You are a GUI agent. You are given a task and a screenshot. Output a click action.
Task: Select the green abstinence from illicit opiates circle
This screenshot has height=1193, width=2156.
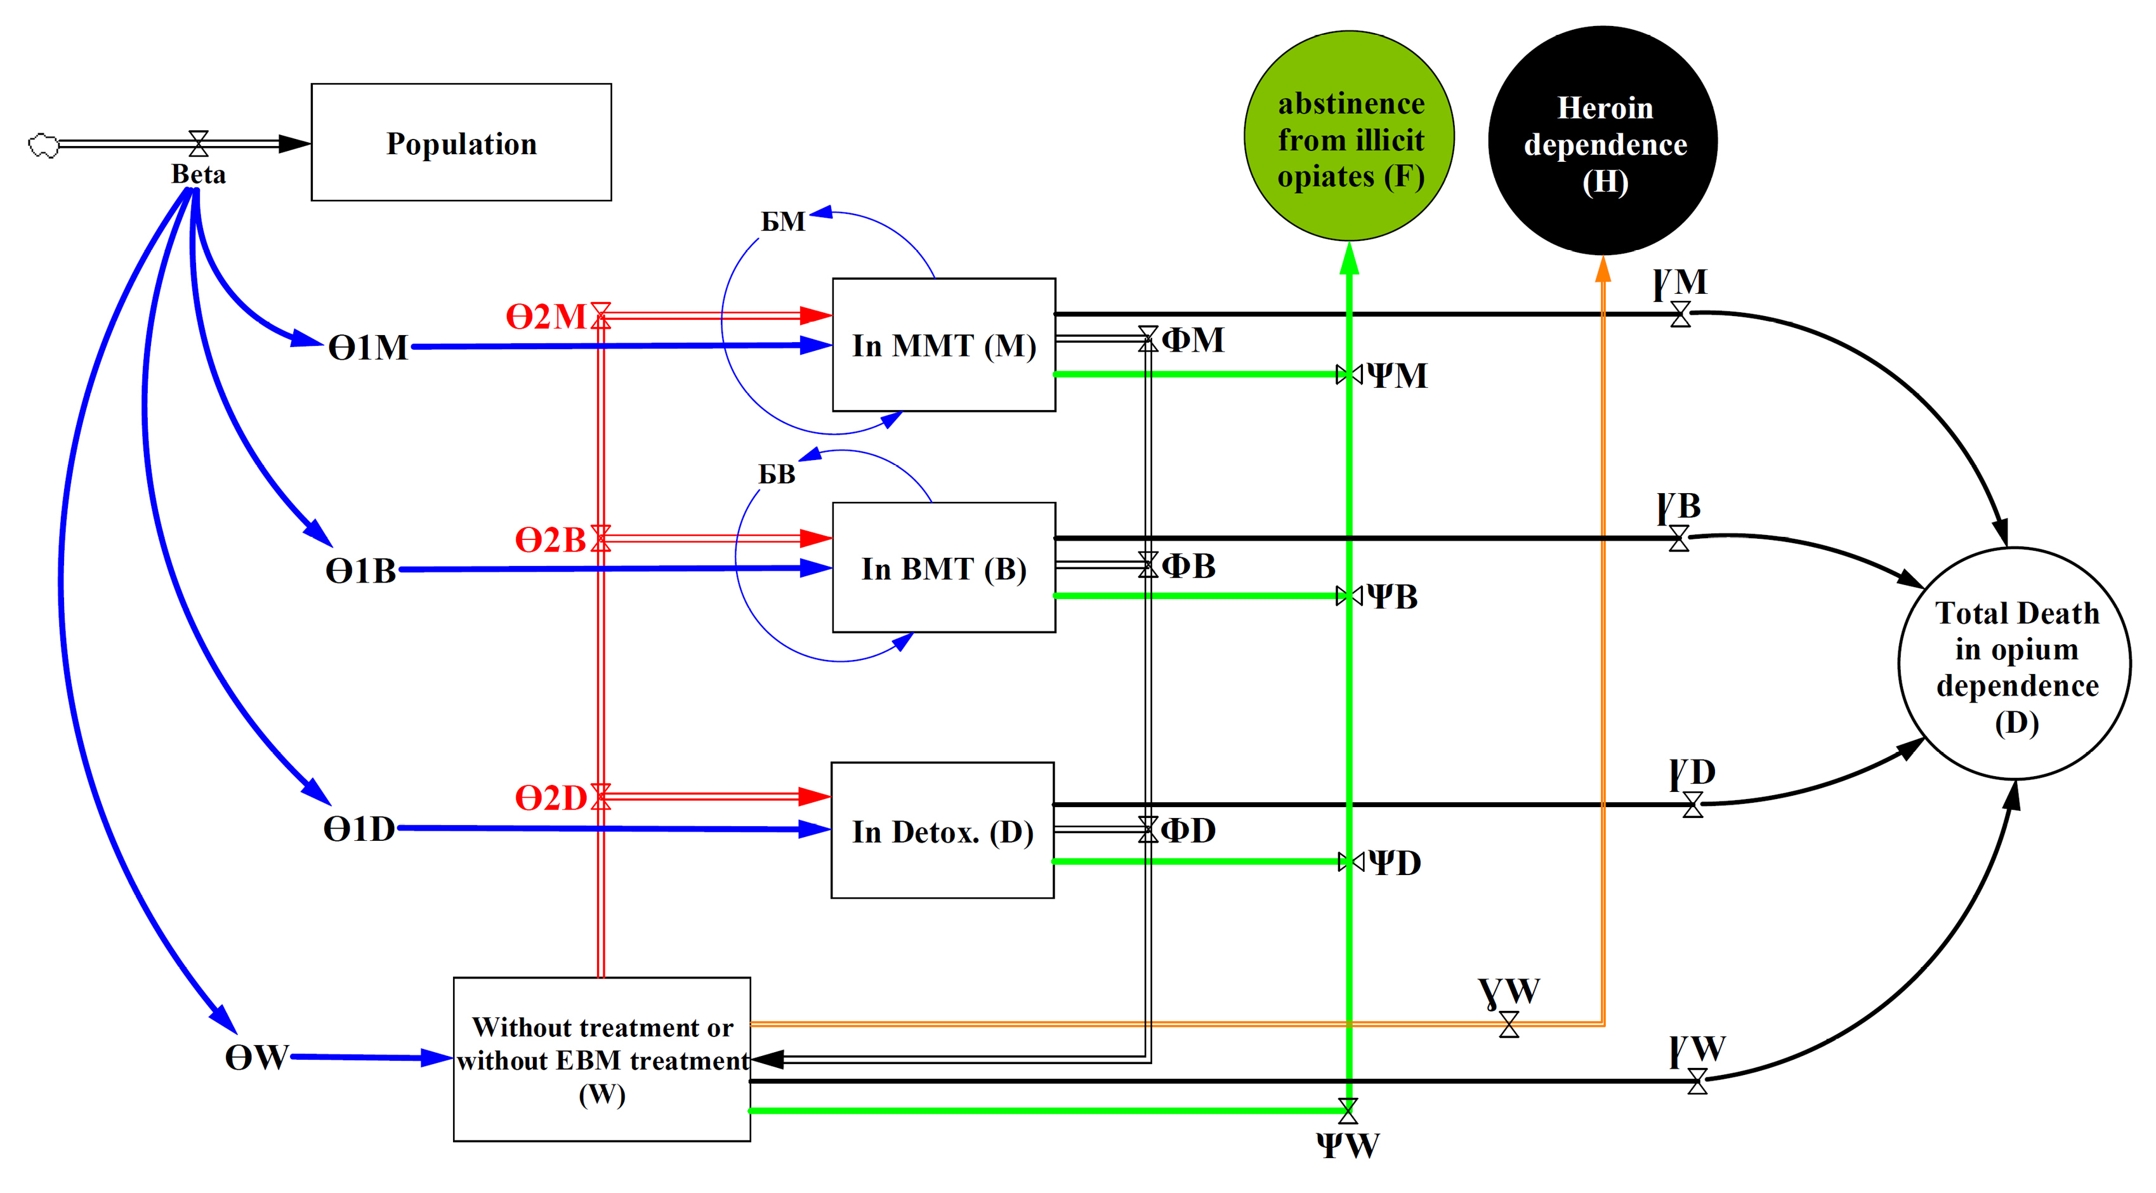1349,136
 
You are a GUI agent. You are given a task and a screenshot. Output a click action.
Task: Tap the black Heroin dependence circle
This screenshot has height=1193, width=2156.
1603,142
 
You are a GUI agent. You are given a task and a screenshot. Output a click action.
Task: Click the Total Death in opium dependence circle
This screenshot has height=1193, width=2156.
2015,664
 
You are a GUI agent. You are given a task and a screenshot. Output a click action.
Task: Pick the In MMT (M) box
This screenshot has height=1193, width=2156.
944,345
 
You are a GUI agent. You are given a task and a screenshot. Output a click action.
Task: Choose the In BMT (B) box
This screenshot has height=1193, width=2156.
944,567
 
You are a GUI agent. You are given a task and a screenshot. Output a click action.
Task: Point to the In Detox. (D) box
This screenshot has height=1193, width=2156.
942,831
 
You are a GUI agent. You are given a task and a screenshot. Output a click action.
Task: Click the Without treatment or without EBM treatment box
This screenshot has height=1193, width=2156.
601,1059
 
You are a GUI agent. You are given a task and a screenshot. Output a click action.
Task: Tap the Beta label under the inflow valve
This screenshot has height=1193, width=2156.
199,174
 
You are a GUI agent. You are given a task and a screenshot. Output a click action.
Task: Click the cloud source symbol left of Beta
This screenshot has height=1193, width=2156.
44,146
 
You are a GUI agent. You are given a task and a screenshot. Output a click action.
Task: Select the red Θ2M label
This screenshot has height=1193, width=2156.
546,317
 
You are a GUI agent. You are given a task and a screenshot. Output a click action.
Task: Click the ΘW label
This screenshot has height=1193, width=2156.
257,1057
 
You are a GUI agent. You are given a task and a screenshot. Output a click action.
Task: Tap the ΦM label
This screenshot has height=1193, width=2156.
1193,340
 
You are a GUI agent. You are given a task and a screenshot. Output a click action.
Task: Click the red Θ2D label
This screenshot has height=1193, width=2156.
551,798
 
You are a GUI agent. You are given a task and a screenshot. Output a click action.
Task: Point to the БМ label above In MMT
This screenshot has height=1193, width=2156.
782,221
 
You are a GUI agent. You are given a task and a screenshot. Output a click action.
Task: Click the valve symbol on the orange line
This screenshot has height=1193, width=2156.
1509,1024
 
